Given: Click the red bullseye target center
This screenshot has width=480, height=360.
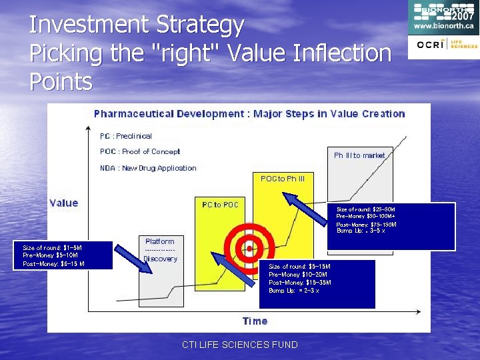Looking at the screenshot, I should click(249, 248).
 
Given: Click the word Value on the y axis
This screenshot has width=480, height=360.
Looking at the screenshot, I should click(63, 203).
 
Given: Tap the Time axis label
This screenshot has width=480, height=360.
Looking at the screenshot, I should click(255, 321).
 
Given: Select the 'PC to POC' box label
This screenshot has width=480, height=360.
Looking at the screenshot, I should click(220, 205).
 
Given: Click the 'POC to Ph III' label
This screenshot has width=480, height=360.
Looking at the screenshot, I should click(282, 179).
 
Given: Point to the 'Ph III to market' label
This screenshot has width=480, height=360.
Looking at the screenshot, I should click(359, 155).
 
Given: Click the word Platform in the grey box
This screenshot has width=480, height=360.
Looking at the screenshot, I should click(160, 241).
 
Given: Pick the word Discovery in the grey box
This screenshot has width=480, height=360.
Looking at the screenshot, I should click(160, 259).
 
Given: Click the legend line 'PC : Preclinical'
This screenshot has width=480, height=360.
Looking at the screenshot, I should click(126, 136).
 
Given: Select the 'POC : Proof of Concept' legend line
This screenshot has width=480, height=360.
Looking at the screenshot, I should click(140, 151).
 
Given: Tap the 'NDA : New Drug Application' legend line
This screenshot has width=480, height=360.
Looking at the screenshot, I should click(148, 168).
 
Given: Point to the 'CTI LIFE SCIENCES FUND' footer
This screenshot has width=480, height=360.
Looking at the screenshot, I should click(240, 345).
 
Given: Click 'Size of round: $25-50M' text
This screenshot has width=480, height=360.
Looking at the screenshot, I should click(366, 209).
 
